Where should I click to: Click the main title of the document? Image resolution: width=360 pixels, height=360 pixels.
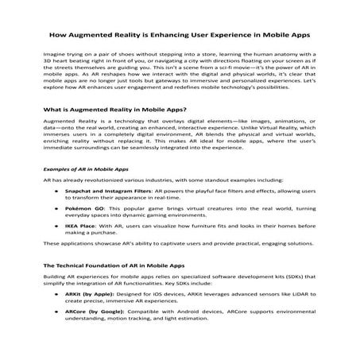pyautogui.click(x=180, y=36)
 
